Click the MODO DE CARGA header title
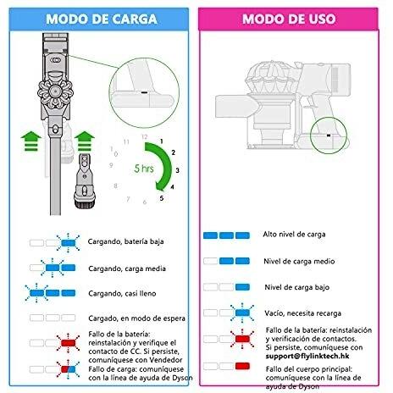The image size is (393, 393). point(102,19)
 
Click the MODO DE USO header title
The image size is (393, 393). point(289,19)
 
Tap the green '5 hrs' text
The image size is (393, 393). point(144,169)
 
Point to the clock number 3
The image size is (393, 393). point(177,170)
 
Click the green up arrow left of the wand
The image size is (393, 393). point(31,141)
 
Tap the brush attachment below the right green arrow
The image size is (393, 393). point(85,181)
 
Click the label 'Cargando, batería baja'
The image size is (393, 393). point(125,241)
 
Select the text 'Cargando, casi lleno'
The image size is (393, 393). point(122,294)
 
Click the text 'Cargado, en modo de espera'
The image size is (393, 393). point(136,318)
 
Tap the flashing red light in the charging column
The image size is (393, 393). point(69,343)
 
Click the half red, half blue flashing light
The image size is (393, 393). point(69,369)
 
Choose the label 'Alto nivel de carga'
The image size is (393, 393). point(294,235)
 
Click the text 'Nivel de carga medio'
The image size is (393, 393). point(299,261)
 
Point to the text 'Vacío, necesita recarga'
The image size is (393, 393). point(303,313)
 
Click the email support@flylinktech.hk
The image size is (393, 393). point(307,356)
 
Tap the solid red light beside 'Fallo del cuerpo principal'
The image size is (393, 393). point(242,366)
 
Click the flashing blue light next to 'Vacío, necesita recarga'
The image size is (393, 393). point(242,313)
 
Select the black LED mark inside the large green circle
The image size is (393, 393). point(144,92)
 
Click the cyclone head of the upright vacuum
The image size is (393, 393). point(55,91)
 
